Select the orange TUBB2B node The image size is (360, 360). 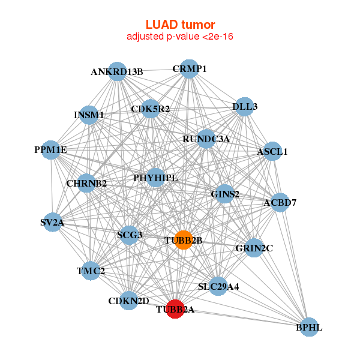183,239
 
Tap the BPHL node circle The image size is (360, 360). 308,327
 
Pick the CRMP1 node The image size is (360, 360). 189,68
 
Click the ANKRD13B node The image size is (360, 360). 117,71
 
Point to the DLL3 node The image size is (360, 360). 244,106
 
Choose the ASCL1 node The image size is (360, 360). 272,151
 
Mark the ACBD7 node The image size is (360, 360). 280,202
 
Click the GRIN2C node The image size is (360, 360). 254,248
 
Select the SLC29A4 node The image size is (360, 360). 218,286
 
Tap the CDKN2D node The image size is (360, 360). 128,300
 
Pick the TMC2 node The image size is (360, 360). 91,271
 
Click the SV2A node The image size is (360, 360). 52,223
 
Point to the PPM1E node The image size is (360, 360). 50,149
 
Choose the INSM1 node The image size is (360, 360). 89,114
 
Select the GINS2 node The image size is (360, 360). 225,194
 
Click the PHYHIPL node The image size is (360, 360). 155,178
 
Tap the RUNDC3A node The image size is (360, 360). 206,139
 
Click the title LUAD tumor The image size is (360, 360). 180,25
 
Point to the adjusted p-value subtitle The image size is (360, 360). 180,37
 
